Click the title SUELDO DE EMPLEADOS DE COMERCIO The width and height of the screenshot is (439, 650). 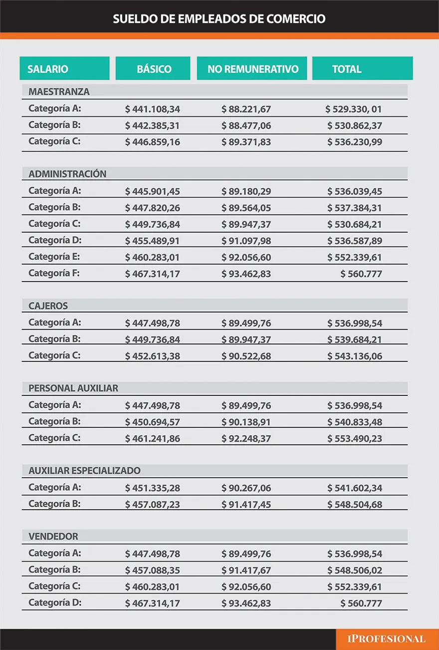(x=219, y=19)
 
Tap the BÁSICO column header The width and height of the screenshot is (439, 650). (x=154, y=69)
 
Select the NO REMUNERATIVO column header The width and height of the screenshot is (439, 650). (x=253, y=69)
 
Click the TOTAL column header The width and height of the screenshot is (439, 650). (x=347, y=69)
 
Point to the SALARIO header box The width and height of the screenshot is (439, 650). (x=48, y=69)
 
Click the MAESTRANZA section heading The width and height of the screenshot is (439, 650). (x=59, y=91)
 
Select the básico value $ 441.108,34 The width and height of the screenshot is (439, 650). (x=153, y=109)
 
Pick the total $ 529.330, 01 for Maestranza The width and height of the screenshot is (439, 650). (x=354, y=109)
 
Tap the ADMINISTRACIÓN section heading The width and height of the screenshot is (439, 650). (x=67, y=174)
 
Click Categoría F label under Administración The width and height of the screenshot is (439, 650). (x=54, y=273)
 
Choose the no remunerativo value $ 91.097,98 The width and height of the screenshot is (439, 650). (x=246, y=241)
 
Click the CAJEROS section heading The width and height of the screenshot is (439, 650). (x=48, y=306)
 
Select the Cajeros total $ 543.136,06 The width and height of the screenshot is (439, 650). (x=355, y=356)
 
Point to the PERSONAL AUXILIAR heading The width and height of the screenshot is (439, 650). (x=73, y=388)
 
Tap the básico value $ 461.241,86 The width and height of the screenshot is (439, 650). (x=153, y=439)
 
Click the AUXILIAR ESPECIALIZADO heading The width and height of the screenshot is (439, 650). (x=84, y=470)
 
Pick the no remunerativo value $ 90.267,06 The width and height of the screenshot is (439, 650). (x=246, y=488)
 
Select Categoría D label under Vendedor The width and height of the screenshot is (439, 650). (x=54, y=603)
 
